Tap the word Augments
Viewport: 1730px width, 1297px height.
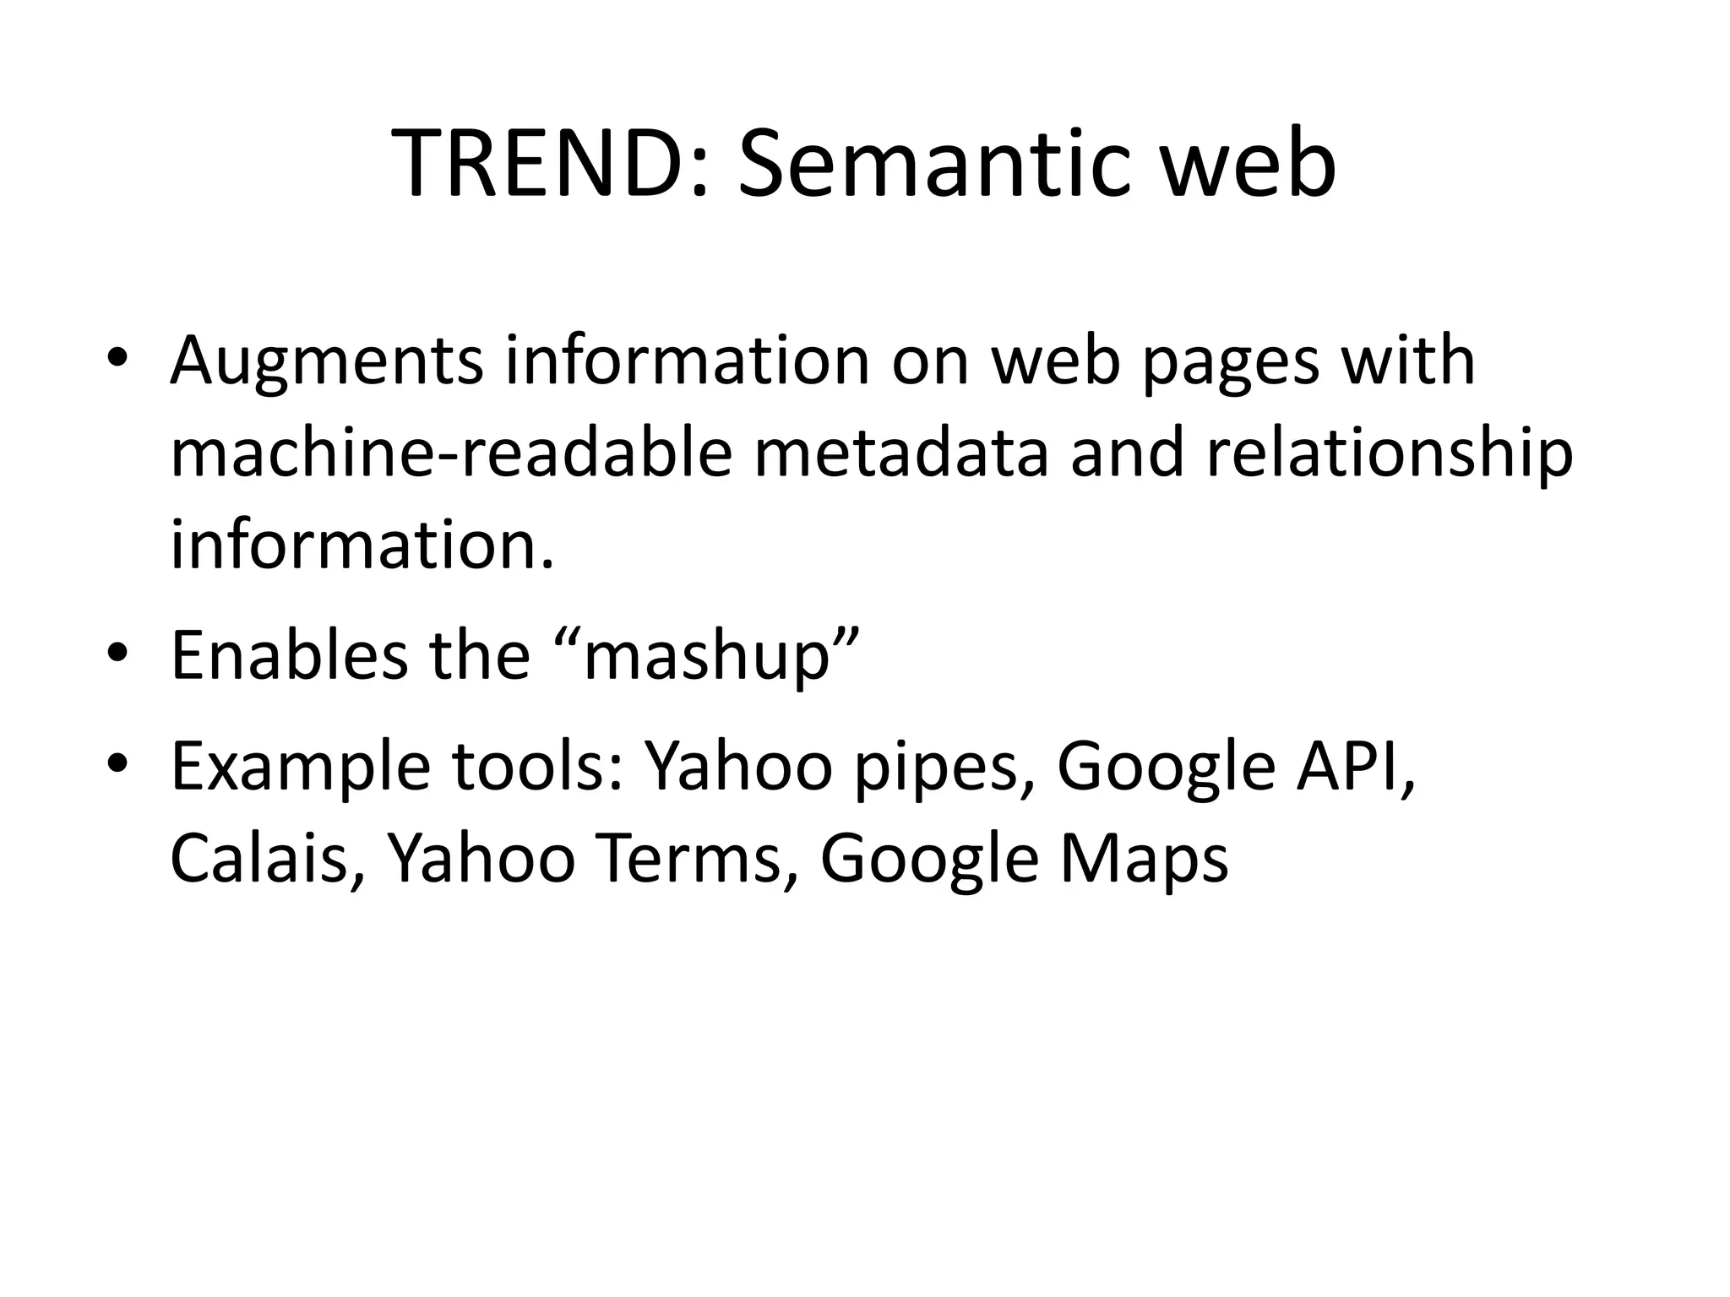coord(327,361)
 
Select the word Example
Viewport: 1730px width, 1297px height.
coord(301,767)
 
